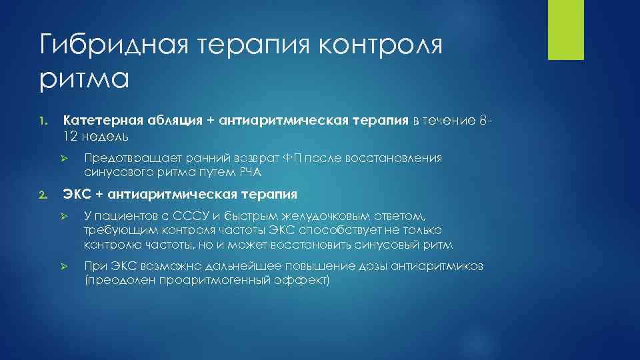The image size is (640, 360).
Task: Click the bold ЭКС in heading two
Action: click(78, 195)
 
